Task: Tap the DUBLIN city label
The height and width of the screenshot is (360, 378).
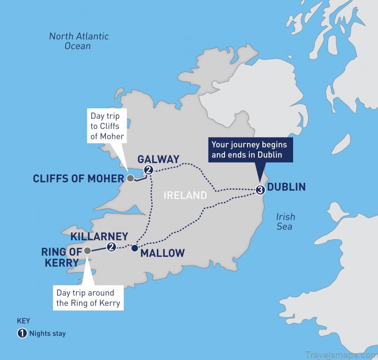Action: pos(286,187)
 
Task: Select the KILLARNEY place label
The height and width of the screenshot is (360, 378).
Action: pos(99,236)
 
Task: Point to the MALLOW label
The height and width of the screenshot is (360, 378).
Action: pos(163,253)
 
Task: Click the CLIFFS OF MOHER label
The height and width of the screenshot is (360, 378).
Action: pos(78,179)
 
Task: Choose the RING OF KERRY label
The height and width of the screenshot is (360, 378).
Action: pos(60,256)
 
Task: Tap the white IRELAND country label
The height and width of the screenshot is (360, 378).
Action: pos(185,196)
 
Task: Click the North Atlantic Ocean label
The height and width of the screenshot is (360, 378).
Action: pos(79,41)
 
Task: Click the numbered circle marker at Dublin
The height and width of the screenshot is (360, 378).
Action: pos(260,190)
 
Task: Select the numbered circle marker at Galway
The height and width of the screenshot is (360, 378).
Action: pos(149,170)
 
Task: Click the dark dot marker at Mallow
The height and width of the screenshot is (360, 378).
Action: pos(135,248)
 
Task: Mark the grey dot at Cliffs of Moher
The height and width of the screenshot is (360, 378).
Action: pos(130,179)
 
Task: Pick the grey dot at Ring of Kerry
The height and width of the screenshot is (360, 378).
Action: pos(87,251)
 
